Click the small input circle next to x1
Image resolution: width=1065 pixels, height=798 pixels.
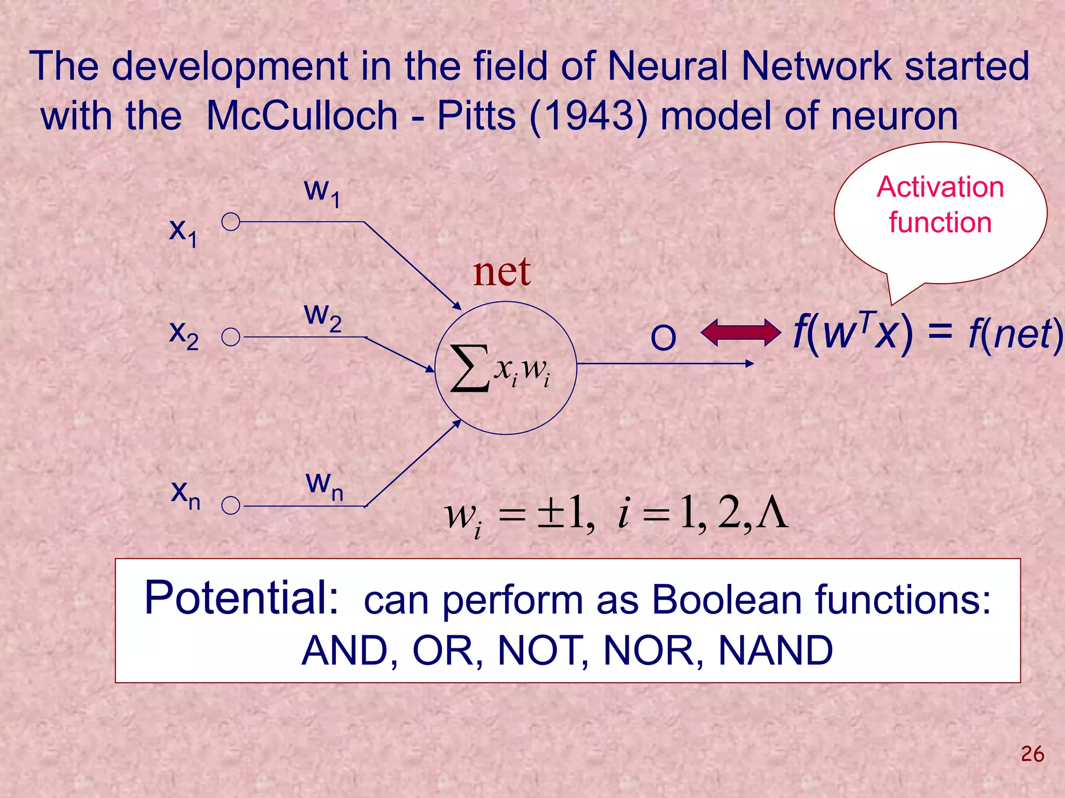(230, 222)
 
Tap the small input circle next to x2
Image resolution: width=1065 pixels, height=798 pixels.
(230, 337)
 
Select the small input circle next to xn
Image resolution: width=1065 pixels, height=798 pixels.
(230, 505)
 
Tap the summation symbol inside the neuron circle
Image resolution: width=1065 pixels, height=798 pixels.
(470, 368)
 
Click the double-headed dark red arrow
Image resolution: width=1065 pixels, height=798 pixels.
(741, 332)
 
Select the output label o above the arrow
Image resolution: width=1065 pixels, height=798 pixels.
(663, 338)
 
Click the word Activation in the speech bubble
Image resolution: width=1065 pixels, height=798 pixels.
(940, 187)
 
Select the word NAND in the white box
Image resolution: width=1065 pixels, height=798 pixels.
(775, 650)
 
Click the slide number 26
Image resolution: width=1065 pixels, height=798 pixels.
(1032, 754)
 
